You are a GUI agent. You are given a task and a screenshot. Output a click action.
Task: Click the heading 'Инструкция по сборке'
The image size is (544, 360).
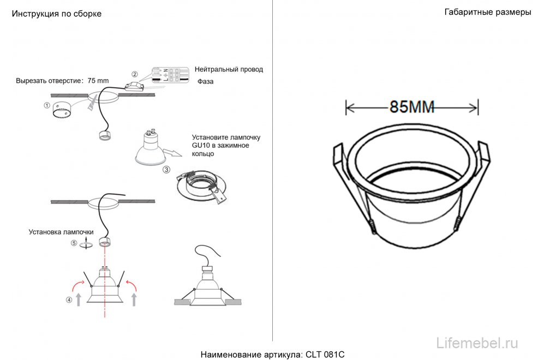(57, 14)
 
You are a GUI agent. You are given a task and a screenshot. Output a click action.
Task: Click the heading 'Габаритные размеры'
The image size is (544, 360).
(488, 13)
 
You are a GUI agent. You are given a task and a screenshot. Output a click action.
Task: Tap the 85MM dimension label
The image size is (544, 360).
(412, 107)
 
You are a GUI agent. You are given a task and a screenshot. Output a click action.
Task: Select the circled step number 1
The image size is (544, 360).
(47, 105)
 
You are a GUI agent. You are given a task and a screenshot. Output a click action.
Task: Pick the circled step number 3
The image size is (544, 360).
(166, 170)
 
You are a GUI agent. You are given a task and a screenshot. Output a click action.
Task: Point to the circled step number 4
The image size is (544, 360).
(69, 299)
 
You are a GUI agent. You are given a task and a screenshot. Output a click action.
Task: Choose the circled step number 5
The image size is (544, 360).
(74, 244)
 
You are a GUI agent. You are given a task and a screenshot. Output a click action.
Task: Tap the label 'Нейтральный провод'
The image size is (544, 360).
(229, 69)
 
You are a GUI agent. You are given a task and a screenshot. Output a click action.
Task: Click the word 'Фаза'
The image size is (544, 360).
(206, 82)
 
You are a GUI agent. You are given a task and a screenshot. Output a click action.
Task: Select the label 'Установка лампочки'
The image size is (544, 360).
(61, 232)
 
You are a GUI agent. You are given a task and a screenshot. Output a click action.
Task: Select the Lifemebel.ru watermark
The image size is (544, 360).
(478, 343)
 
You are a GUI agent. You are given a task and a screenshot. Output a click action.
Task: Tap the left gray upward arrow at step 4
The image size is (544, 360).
(80, 299)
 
